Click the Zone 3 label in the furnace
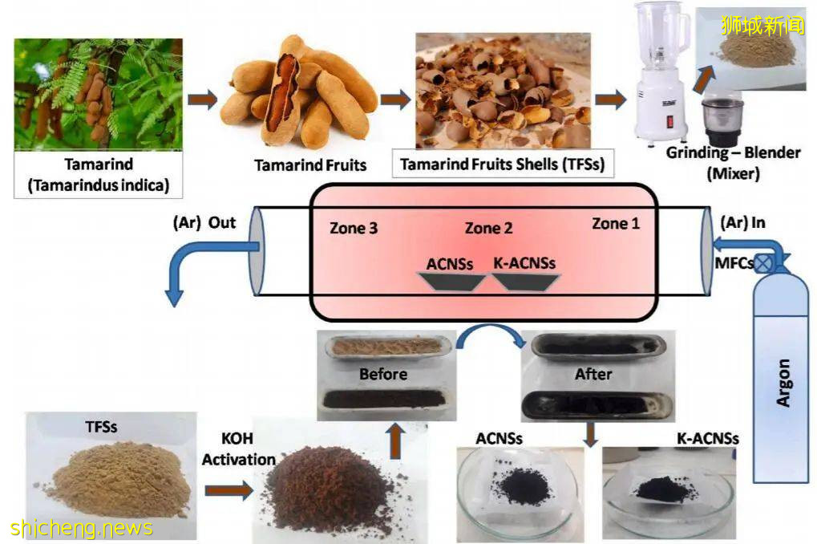[x=354, y=228]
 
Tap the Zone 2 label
[x=488, y=229]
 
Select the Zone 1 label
[x=615, y=224]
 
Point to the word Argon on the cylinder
[x=783, y=384]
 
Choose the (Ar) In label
[x=745, y=222]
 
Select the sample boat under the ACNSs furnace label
[x=452, y=281]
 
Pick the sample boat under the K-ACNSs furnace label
[x=525, y=281]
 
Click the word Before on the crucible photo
[x=382, y=374]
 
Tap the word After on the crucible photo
[x=593, y=374]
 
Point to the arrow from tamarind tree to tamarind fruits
[x=202, y=100]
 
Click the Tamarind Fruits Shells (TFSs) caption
[x=502, y=165]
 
